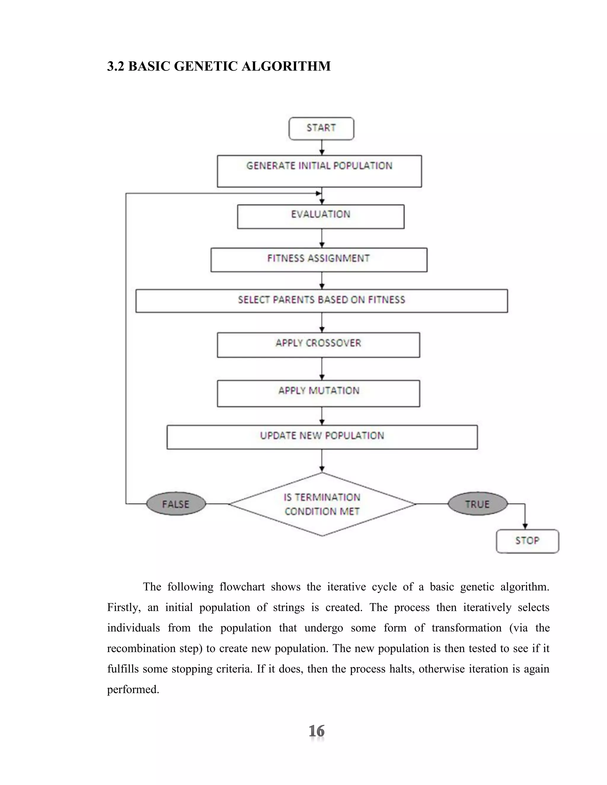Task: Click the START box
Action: tap(321, 128)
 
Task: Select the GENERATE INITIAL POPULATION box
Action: tap(319, 171)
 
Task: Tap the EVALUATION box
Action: tap(321, 216)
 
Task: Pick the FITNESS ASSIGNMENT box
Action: tap(319, 259)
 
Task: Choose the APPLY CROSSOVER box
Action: tap(318, 345)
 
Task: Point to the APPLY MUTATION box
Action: tap(318, 393)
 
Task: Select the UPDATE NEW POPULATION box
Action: tap(322, 437)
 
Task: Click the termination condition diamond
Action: tap(322, 504)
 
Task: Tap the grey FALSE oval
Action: tap(176, 504)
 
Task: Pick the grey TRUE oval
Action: tap(477, 504)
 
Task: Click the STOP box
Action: tap(527, 541)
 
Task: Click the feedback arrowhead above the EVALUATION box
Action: tap(318, 193)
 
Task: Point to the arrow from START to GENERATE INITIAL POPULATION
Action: tap(322, 147)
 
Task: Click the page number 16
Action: tap(317, 731)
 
